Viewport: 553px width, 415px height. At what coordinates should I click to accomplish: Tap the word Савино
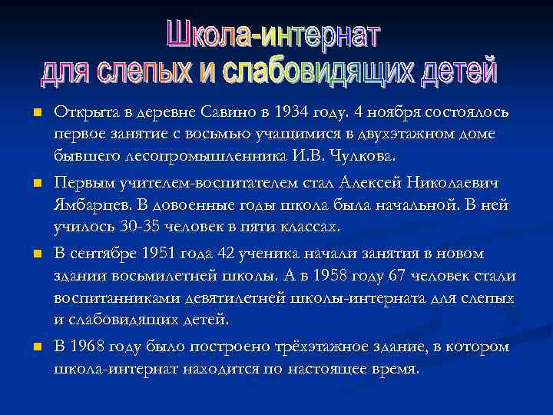(224, 112)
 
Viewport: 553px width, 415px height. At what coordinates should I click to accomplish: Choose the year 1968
(90, 347)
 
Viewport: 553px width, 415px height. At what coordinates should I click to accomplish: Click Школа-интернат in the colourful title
(273, 35)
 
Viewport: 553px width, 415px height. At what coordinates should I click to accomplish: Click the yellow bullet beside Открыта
(35, 113)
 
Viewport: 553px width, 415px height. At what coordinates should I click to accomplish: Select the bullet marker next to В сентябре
(35, 254)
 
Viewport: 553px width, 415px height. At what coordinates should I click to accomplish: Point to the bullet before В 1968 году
(35, 347)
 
